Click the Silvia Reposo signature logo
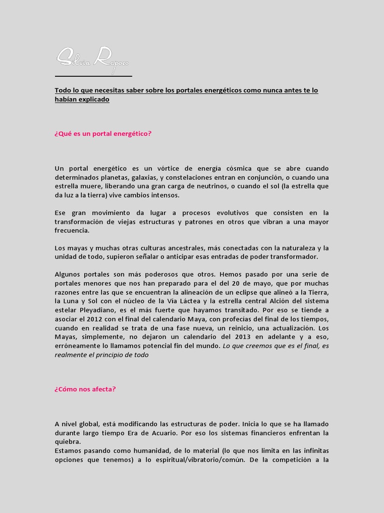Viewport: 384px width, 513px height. pyautogui.click(x=92, y=59)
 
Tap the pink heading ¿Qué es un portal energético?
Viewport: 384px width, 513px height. pyautogui.click(x=103, y=134)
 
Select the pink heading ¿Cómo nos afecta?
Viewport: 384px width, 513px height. pyautogui.click(x=85, y=388)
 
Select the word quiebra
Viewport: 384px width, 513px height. pyautogui.click(x=67, y=442)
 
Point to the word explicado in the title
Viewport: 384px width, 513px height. pyautogui.click(x=91, y=100)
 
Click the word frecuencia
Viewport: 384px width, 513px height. pyautogui.click(x=72, y=231)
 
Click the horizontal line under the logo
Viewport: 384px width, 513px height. pyautogui.click(x=93, y=77)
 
